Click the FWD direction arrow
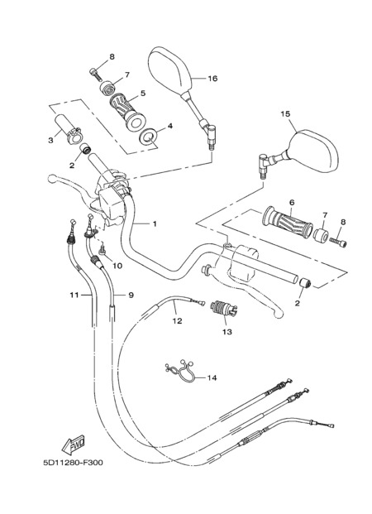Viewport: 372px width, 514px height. (74, 444)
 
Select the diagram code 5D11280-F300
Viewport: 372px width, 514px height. (73, 463)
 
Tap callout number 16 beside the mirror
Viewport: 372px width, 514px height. (212, 79)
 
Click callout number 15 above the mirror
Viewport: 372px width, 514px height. (285, 113)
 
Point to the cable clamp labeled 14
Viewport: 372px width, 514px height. (180, 372)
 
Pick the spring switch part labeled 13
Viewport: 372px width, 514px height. (224, 309)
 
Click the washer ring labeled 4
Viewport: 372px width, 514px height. (147, 136)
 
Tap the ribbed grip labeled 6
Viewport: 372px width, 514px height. (287, 222)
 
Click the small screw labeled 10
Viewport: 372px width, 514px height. (103, 251)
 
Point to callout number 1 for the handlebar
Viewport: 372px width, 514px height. (155, 223)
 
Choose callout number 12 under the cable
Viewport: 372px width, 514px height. (177, 321)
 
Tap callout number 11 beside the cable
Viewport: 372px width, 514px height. (74, 295)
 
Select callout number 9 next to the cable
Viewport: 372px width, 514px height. (131, 295)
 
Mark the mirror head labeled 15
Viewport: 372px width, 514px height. (312, 151)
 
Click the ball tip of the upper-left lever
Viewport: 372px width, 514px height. (52, 179)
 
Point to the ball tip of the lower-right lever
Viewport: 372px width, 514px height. (279, 314)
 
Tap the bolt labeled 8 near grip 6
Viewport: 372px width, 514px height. (338, 243)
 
